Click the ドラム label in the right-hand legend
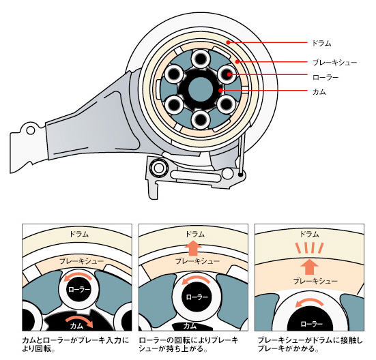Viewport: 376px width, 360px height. pos(321,44)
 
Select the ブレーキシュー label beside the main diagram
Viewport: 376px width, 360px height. pos(335,63)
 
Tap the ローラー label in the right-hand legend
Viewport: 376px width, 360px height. pos(326,77)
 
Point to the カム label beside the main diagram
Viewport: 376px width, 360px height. pos(319,92)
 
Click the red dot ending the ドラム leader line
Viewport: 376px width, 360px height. pos(229,42)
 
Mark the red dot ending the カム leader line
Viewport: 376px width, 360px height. pos(220,90)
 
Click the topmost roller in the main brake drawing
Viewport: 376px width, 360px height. pos(200,58)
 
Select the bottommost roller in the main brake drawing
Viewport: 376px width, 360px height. pos(200,120)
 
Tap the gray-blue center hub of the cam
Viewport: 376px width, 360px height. pos(201,89)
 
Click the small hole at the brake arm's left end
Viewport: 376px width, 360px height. pos(31,130)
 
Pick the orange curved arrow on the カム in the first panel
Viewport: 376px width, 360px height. pos(80,321)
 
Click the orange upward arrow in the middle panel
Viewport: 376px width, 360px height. pos(194,249)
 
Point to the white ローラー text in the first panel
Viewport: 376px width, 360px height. pos(79,290)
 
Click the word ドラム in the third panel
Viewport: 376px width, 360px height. pos(310,234)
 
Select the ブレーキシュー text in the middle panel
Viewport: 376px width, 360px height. pos(197,261)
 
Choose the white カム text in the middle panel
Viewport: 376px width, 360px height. pos(190,326)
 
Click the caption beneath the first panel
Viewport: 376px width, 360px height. pos(76,344)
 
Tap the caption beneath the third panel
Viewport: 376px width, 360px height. pos(310,344)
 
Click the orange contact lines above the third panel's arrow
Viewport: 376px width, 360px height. pos(310,247)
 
